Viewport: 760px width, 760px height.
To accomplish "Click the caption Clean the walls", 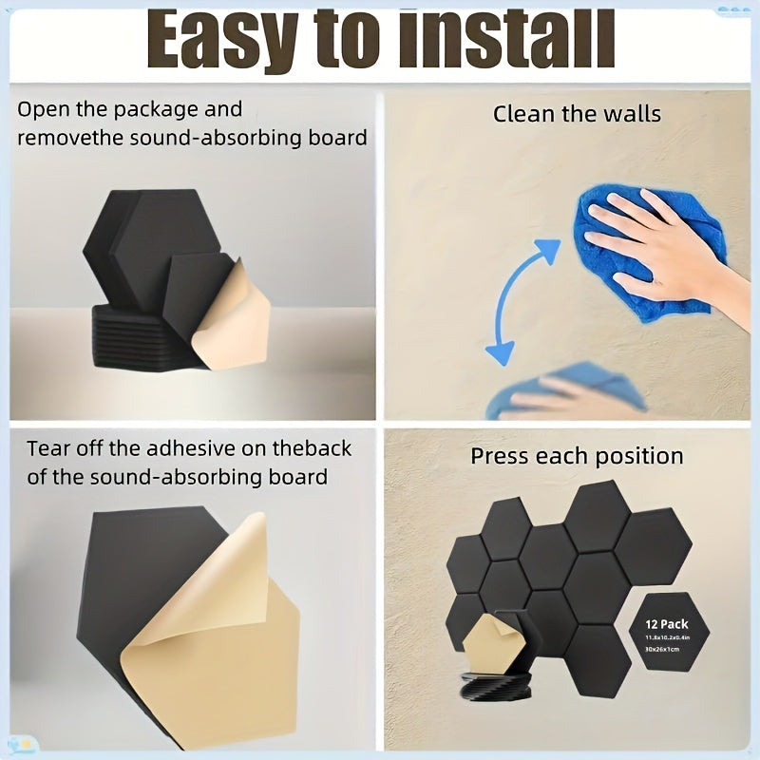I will [x=577, y=115].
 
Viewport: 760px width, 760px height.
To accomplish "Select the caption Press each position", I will [x=577, y=456].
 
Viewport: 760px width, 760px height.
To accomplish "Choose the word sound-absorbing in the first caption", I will [x=215, y=138].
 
